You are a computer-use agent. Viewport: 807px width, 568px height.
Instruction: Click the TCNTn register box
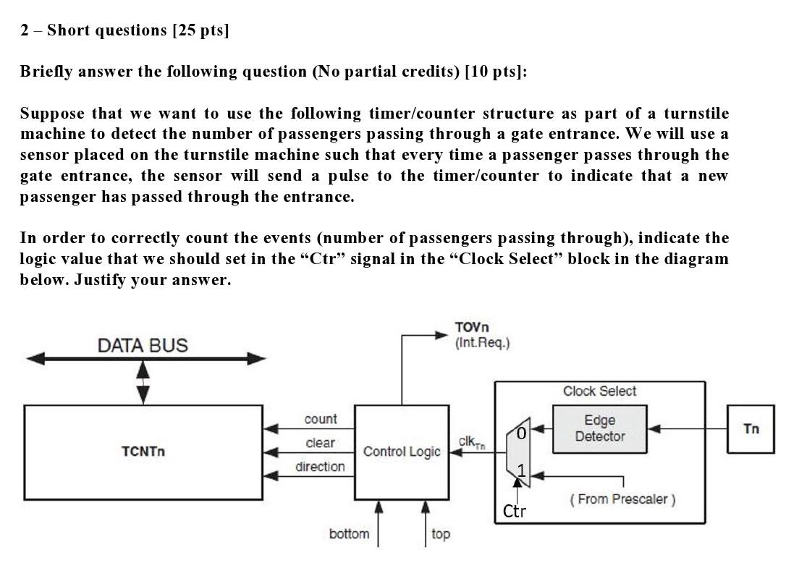(x=143, y=452)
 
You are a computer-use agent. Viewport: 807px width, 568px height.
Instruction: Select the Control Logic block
(x=402, y=452)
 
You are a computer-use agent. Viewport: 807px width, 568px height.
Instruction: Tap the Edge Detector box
(x=599, y=428)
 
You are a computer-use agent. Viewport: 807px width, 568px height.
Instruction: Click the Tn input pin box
(x=751, y=429)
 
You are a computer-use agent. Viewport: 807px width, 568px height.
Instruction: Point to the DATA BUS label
(x=143, y=346)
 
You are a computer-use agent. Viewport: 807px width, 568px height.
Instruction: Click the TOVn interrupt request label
(x=482, y=335)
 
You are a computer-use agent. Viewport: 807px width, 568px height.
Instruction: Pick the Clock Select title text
(x=599, y=391)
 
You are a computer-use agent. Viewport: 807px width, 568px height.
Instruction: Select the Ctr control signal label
(x=514, y=512)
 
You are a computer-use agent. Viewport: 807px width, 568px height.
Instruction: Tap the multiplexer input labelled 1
(x=521, y=470)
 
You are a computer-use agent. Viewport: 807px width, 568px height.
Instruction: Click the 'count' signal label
(x=320, y=419)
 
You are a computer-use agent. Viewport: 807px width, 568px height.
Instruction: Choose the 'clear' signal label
(x=320, y=443)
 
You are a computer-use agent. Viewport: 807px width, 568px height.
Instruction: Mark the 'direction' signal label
(x=320, y=467)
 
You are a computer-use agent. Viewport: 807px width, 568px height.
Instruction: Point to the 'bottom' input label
(x=349, y=534)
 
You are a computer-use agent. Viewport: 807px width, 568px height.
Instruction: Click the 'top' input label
(x=440, y=534)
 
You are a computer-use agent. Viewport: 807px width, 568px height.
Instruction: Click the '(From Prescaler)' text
(x=622, y=499)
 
